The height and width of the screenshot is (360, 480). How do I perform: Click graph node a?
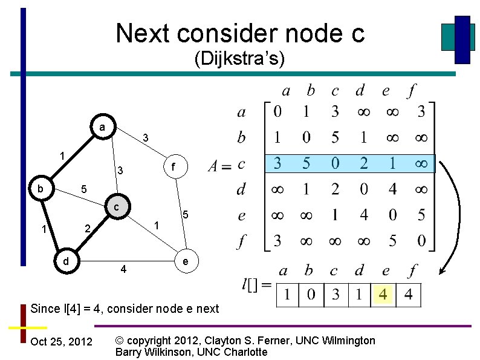[102, 128]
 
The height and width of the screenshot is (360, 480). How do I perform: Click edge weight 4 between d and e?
[123, 268]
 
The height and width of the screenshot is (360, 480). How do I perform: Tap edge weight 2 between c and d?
[87, 229]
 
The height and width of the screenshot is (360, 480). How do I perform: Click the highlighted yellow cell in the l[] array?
[384, 295]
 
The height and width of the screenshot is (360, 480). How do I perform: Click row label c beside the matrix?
[241, 164]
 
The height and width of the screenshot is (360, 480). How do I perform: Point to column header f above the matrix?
[412, 91]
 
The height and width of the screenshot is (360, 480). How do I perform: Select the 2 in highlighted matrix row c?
[363, 164]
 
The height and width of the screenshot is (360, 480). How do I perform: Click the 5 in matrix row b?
[335, 138]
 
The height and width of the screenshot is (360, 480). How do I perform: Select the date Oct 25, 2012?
[61, 342]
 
